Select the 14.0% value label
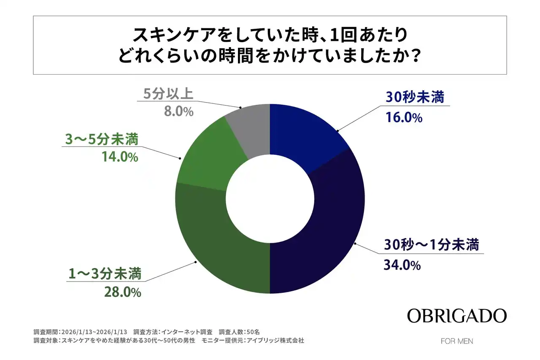click(119, 158)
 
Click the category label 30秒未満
click(415, 98)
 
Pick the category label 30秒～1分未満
click(431, 245)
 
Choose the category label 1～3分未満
click(104, 274)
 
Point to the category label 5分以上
click(168, 94)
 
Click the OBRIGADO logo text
click(456, 315)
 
